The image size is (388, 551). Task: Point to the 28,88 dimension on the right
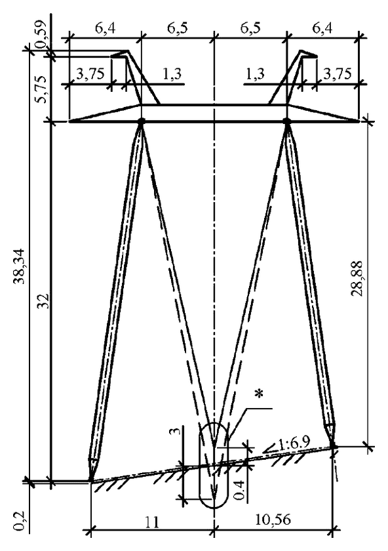pos(358,279)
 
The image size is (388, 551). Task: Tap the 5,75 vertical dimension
pos(42,89)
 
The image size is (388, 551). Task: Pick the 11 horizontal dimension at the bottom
pos(151,522)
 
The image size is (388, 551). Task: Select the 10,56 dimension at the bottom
pos(273,520)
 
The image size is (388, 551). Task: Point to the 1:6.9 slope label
pos(294,444)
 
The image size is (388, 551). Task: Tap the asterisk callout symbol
pos(259,394)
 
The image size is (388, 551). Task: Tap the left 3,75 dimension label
pos(90,74)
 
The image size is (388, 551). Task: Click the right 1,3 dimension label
pos(255,74)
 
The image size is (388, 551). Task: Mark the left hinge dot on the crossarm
pos(141,121)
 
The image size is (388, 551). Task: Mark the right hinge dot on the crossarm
pos(287,121)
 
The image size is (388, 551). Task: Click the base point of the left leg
pos(91,480)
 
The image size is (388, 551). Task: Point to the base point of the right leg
pos(334,447)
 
